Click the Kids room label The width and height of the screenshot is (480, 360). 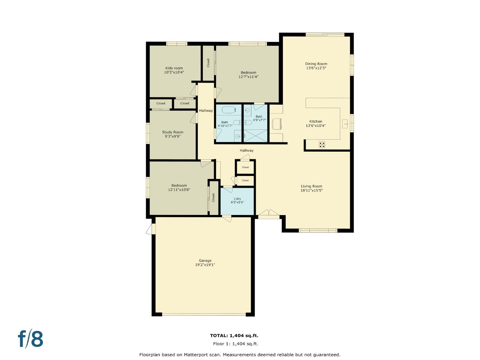[x=174, y=68]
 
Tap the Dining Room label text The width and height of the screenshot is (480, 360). [x=316, y=64]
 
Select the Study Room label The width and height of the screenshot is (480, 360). [x=173, y=132]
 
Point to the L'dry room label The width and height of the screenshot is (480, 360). [x=237, y=199]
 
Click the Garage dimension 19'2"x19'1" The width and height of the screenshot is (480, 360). [x=205, y=265]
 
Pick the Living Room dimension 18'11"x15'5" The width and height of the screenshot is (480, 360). [x=311, y=191]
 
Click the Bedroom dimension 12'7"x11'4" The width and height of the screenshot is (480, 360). [x=248, y=77]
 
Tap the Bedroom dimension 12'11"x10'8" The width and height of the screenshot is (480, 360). [x=179, y=190]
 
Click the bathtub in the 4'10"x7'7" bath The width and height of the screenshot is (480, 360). [x=229, y=109]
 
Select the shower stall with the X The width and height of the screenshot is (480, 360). [x=256, y=135]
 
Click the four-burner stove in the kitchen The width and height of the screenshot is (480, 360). [x=322, y=144]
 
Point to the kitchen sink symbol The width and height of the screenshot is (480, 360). [x=345, y=124]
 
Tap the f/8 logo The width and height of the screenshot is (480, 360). [x=31, y=339]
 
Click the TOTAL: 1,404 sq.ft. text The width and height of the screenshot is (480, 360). [x=234, y=336]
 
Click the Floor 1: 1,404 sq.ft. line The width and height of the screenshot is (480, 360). [x=235, y=344]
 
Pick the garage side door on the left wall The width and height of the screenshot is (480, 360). [x=151, y=229]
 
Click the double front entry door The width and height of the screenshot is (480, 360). [x=269, y=214]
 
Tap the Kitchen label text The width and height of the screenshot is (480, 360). [x=316, y=121]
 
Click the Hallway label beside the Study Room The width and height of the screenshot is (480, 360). [x=206, y=111]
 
